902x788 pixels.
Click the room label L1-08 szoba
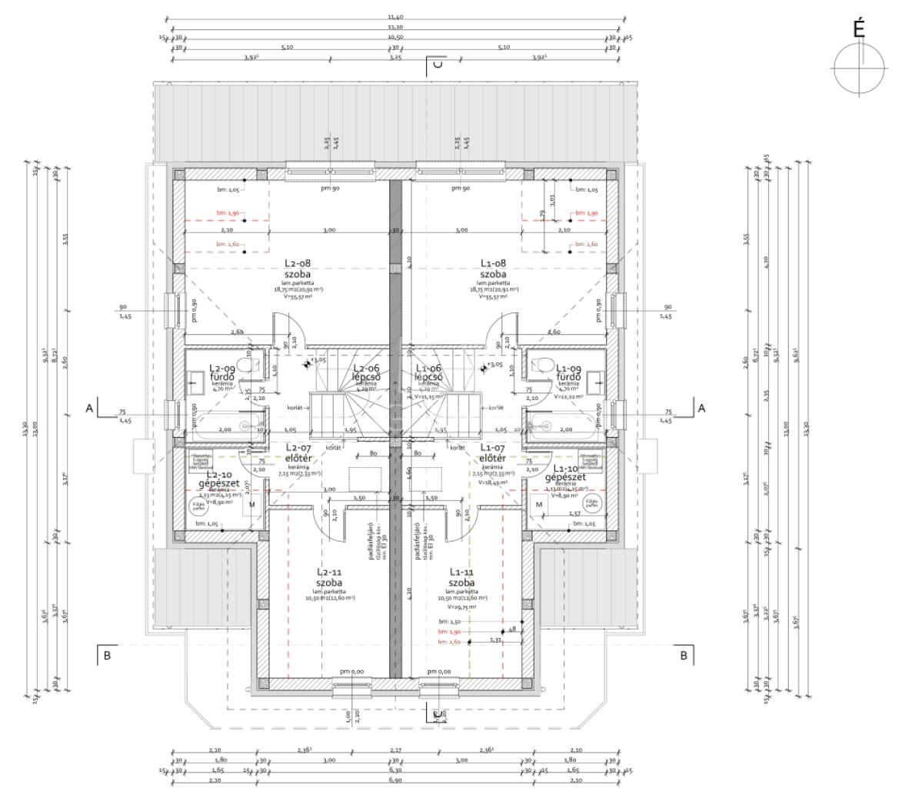pyautogui.click(x=492, y=268)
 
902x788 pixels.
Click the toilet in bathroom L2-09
pyautogui.click(x=246, y=364)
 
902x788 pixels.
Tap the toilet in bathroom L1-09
pyautogui.click(x=541, y=364)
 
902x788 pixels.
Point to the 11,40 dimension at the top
pyautogui.click(x=395, y=16)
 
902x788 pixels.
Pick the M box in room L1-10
pyautogui.click(x=539, y=505)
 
